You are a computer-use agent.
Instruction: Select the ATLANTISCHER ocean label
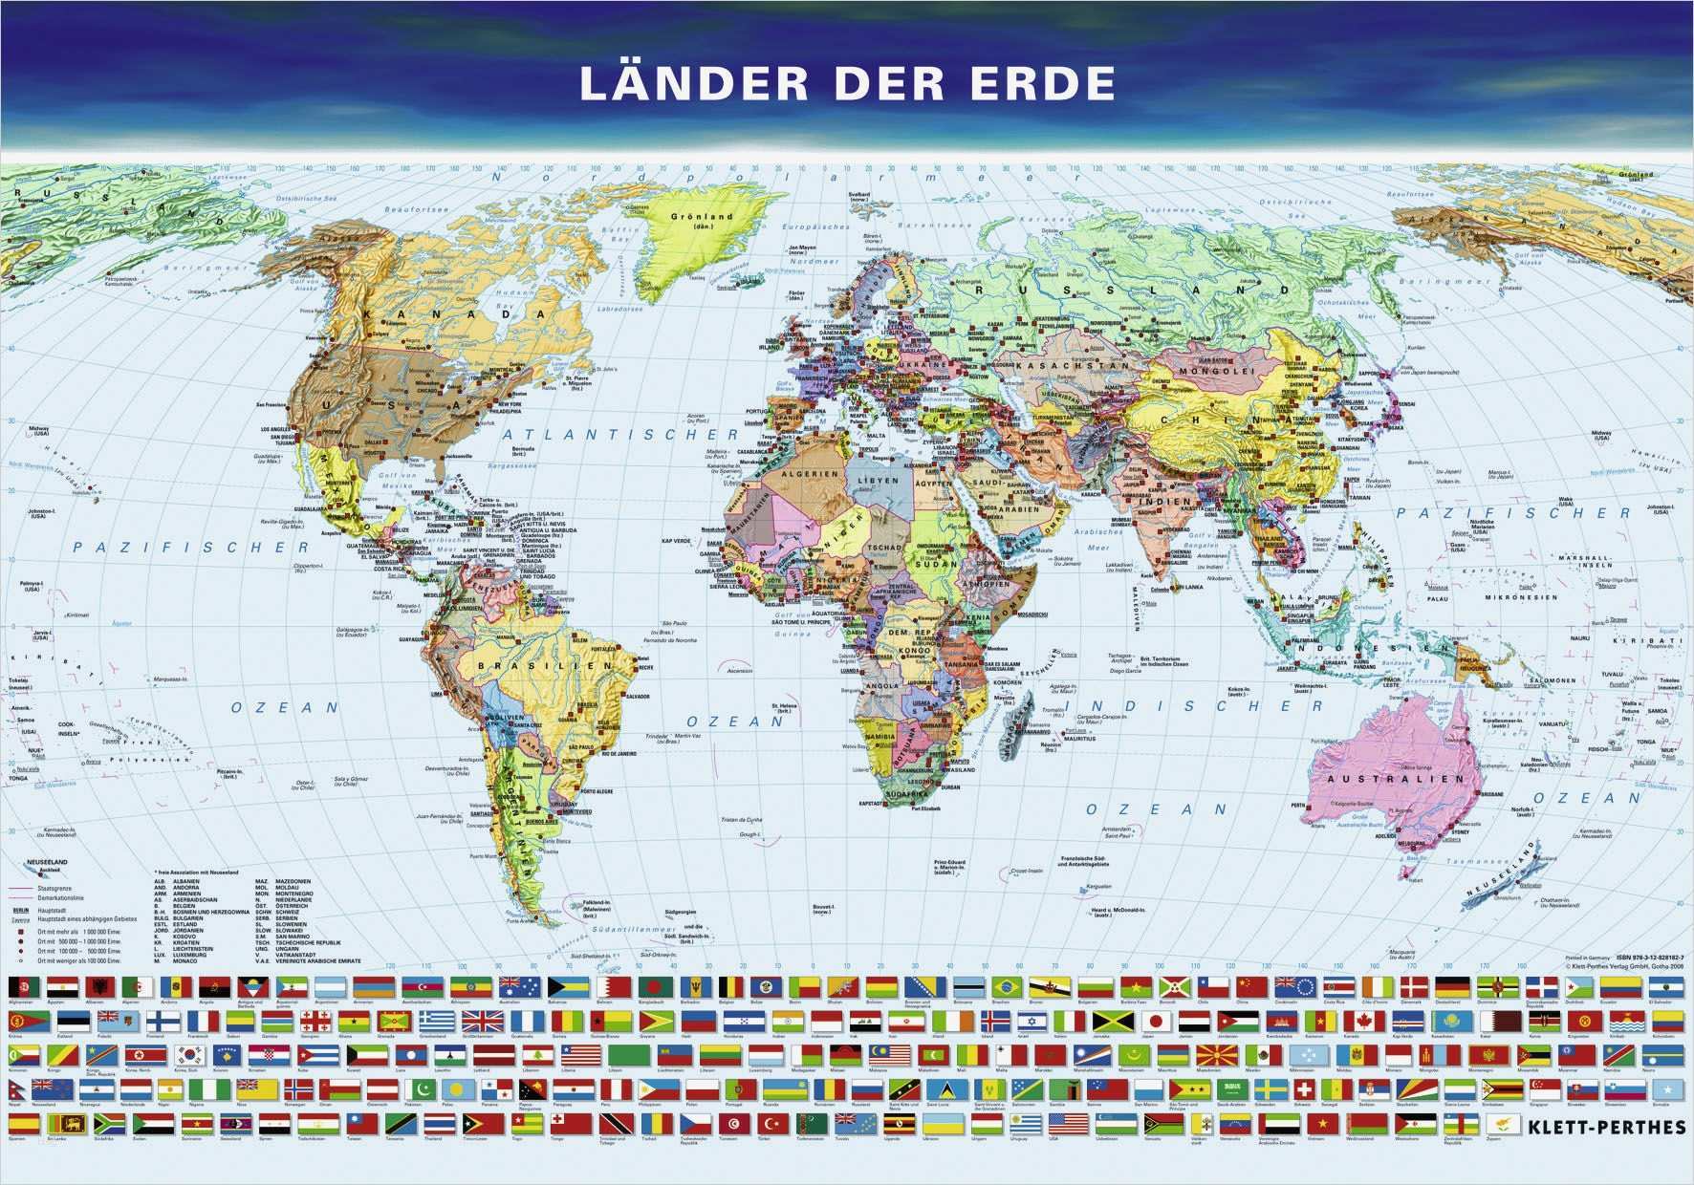click(620, 435)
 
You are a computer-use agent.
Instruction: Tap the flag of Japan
click(1155, 1022)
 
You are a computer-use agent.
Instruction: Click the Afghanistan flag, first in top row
click(19, 987)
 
